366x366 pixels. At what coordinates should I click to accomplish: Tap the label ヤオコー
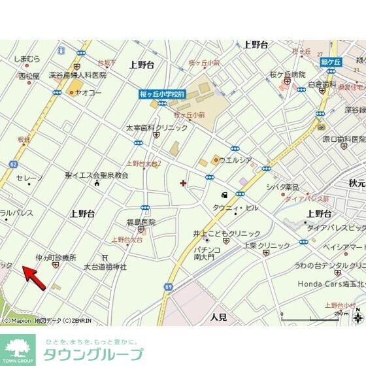point(89,93)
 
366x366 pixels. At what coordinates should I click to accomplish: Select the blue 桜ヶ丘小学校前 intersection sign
point(161,95)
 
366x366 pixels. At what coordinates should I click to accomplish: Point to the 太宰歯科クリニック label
point(156,127)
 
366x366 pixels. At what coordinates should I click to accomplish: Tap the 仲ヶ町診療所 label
point(56,258)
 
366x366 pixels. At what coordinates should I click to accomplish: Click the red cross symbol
point(182,183)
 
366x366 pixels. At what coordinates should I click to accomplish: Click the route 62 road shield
point(12,163)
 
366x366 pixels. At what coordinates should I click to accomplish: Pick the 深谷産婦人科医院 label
point(78,75)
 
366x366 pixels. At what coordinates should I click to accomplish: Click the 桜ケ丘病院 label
point(288,75)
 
